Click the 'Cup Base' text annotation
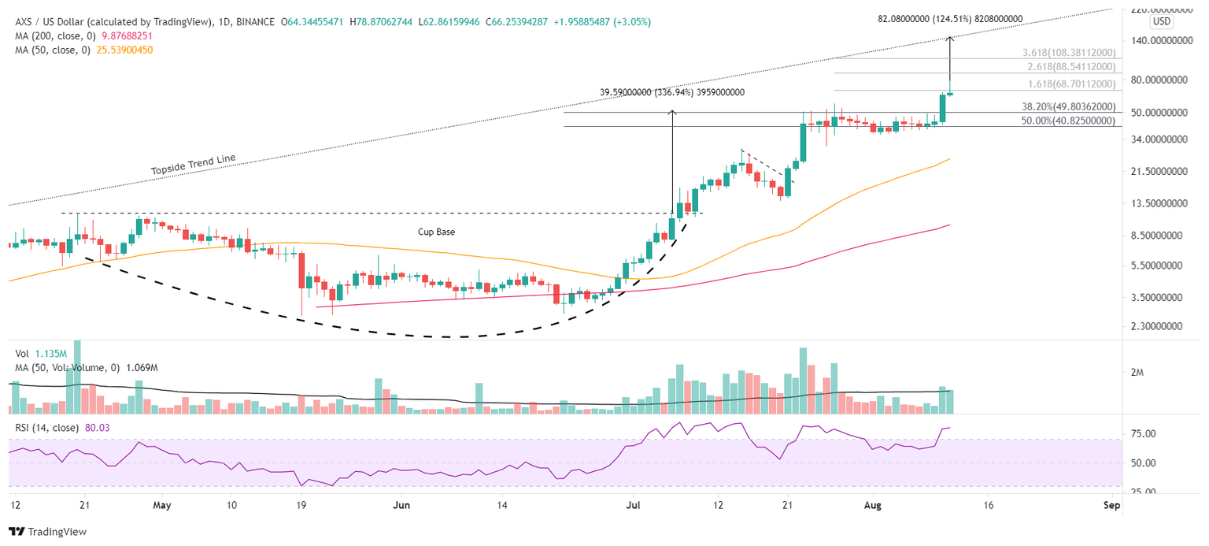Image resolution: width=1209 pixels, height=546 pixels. [437, 232]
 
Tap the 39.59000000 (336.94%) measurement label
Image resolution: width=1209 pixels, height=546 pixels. [671, 92]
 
